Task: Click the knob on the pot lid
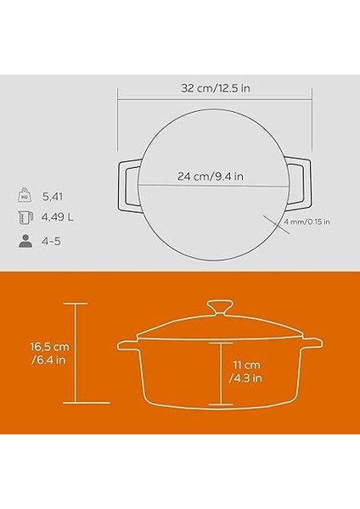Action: click(x=221, y=307)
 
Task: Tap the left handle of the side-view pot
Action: click(x=130, y=347)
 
